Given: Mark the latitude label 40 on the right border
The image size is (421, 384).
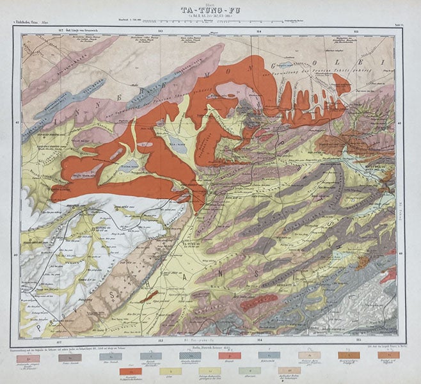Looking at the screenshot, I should (x=401, y=253).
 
